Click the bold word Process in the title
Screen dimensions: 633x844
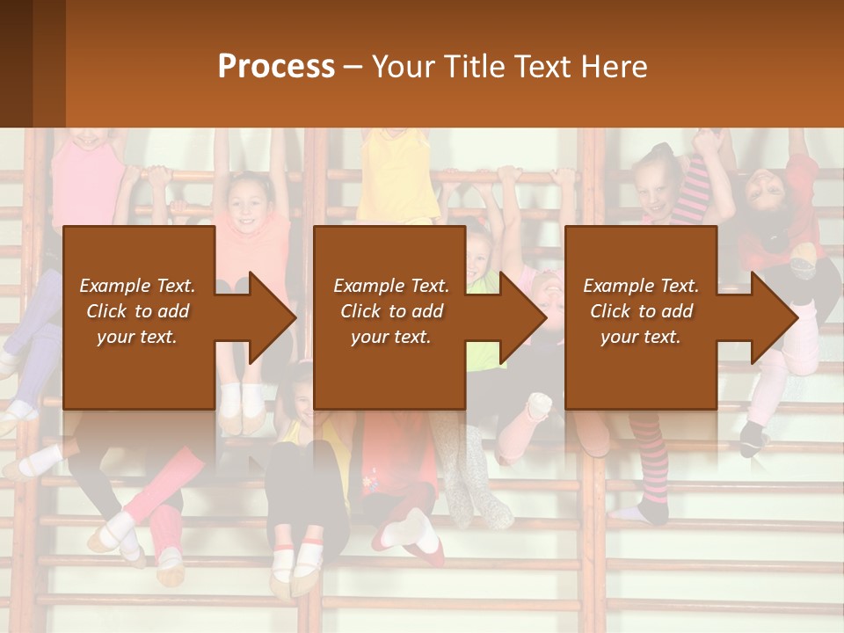(x=276, y=67)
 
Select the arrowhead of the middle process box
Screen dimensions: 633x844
(x=522, y=317)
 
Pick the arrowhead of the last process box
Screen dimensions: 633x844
(x=773, y=317)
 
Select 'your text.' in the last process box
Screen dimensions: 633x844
(x=641, y=337)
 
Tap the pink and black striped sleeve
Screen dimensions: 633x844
(x=695, y=189)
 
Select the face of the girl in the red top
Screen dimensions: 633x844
(x=760, y=189)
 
